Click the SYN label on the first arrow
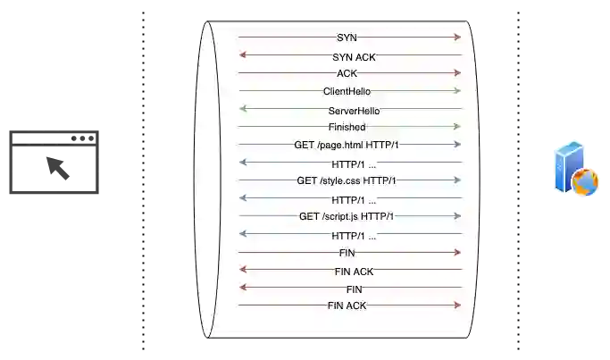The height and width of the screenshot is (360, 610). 347,38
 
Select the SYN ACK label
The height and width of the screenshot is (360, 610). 354,56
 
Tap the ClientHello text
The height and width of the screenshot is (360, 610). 347,91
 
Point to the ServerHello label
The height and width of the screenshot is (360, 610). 354,111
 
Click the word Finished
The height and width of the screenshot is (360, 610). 347,127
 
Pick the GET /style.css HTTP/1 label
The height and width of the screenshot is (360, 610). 347,180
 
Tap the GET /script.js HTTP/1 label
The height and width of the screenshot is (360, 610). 347,216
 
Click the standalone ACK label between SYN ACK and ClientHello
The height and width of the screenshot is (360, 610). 347,73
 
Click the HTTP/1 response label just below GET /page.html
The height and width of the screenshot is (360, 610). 354,164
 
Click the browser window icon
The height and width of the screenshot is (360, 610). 54,164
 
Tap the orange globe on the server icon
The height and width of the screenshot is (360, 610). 585,182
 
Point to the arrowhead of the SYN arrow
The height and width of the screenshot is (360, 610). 457,38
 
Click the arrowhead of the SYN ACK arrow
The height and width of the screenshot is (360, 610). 242,55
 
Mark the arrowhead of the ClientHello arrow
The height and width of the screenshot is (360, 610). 457,91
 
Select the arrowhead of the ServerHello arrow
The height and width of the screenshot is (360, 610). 242,109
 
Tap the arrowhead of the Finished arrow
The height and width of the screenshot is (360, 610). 457,127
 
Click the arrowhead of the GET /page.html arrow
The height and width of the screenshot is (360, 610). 457,145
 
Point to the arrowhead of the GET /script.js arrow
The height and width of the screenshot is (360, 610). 457,216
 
